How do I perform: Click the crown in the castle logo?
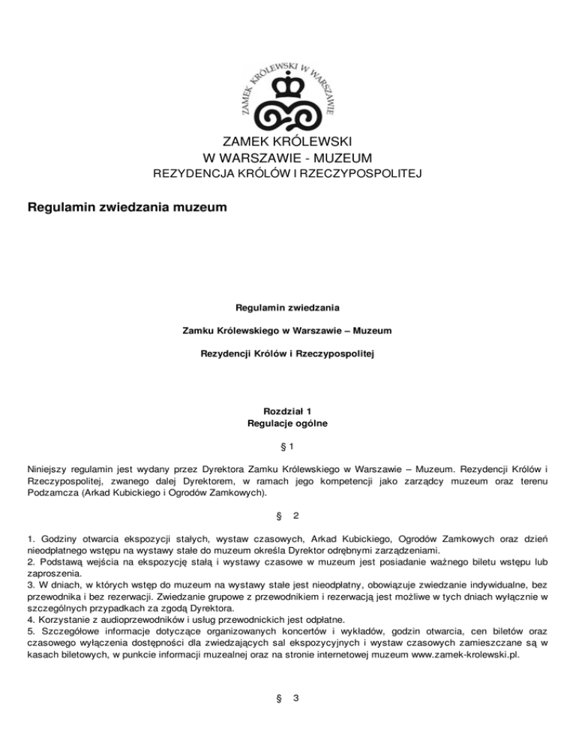click(x=287, y=90)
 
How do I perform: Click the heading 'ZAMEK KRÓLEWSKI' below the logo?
click(x=288, y=142)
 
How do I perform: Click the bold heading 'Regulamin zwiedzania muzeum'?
click(x=126, y=205)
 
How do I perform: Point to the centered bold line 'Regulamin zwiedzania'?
click(x=288, y=306)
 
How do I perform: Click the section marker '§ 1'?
click(x=288, y=447)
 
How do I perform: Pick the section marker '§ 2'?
click(x=288, y=516)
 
